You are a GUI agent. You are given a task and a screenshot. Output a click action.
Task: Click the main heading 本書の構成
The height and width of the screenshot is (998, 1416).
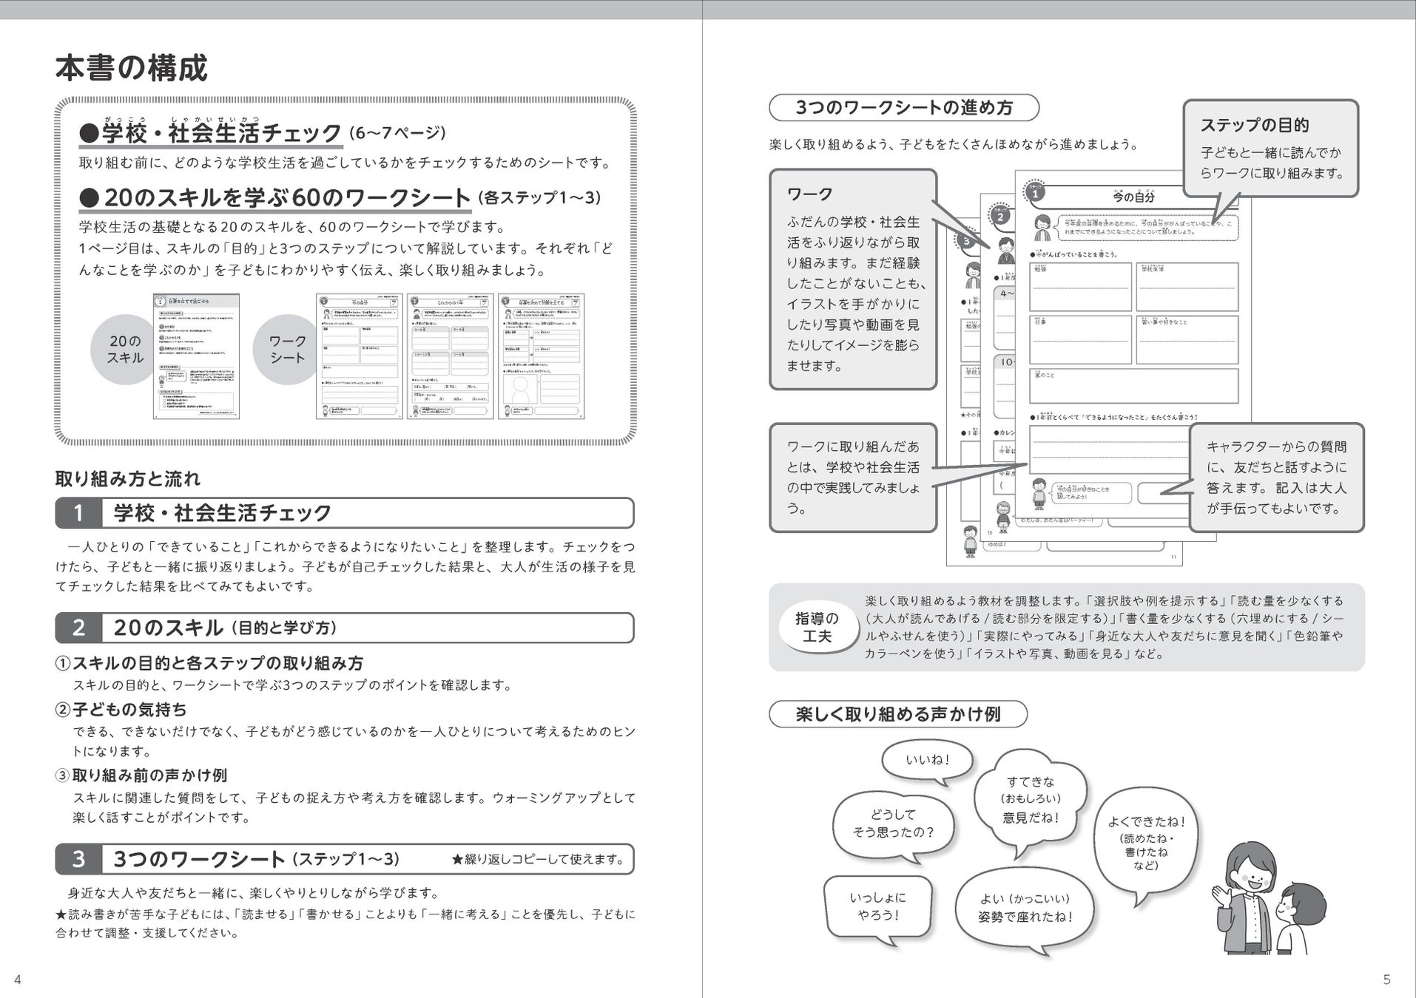pos(131,68)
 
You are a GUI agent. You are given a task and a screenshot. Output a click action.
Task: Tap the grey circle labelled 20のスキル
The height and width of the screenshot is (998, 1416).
pos(125,350)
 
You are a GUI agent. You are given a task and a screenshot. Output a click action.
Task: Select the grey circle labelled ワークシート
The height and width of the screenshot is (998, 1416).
pos(287,350)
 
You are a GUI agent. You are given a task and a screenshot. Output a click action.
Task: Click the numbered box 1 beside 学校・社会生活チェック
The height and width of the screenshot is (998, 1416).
pos(78,513)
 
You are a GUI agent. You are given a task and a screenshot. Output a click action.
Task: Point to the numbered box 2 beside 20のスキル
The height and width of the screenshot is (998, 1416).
pos(78,628)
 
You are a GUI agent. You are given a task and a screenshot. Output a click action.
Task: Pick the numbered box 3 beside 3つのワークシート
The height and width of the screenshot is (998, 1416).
pos(78,859)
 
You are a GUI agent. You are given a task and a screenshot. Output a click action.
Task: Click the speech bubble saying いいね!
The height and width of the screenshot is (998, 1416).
pos(927,760)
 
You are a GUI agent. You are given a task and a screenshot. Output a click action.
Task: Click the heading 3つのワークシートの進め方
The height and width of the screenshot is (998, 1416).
pos(903,108)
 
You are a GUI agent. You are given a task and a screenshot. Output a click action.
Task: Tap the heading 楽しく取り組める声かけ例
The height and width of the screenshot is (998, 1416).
pos(897,714)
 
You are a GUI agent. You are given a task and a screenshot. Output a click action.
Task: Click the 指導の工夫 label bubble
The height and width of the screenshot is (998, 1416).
pos(817,627)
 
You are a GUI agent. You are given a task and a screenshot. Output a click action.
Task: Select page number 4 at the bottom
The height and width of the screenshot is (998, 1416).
pos(18,980)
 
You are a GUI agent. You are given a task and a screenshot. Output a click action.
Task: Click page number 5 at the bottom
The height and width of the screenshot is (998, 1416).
pos(1386,980)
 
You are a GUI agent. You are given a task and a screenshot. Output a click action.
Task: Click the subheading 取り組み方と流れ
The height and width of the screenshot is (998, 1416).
pos(127,478)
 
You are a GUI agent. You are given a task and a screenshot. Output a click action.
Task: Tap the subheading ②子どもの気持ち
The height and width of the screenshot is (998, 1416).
pos(121,709)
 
